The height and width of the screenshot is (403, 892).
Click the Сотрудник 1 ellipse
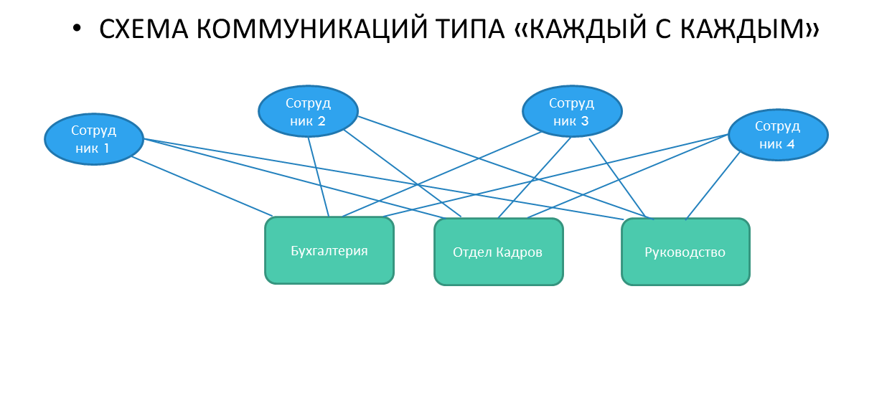point(94,139)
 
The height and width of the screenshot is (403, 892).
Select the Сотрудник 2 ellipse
point(308,111)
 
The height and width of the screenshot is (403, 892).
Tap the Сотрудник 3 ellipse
point(572,111)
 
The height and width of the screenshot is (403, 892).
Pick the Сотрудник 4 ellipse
point(778,135)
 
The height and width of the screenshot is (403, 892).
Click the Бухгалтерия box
point(329,251)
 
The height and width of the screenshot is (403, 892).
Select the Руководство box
point(685,252)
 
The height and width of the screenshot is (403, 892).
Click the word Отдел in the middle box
point(469,252)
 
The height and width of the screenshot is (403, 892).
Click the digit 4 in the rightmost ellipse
point(790,144)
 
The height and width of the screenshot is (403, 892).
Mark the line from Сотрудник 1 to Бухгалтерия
point(201,186)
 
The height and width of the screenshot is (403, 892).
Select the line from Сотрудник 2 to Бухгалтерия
point(318,176)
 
